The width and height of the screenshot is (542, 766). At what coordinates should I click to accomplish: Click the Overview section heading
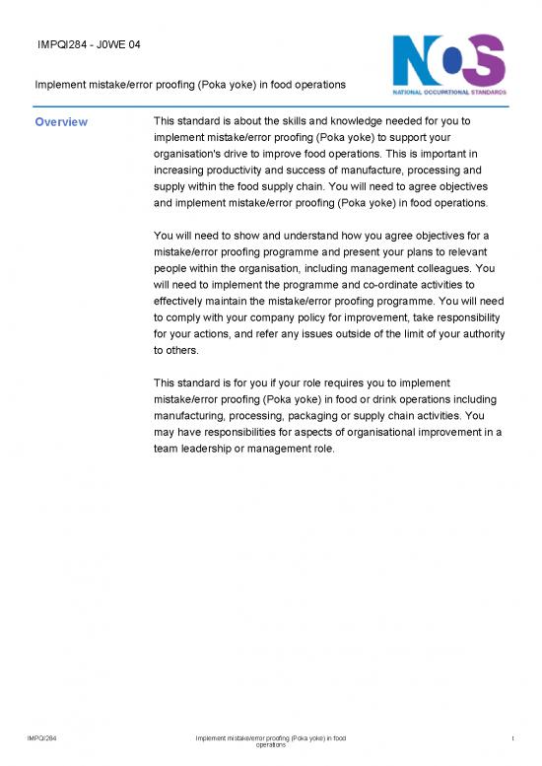coord(61,122)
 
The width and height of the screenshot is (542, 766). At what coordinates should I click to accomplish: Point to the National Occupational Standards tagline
coord(450,92)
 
